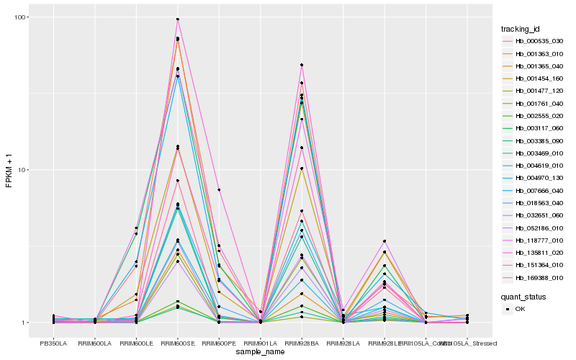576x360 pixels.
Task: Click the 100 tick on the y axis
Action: click(19, 17)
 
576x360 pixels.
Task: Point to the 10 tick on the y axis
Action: click(22, 170)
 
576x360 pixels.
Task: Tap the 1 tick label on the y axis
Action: click(24, 323)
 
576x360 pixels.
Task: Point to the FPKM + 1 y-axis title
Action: click(9, 170)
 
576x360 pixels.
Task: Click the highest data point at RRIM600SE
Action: click(177, 19)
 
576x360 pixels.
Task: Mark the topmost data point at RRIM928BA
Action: click(302, 65)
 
